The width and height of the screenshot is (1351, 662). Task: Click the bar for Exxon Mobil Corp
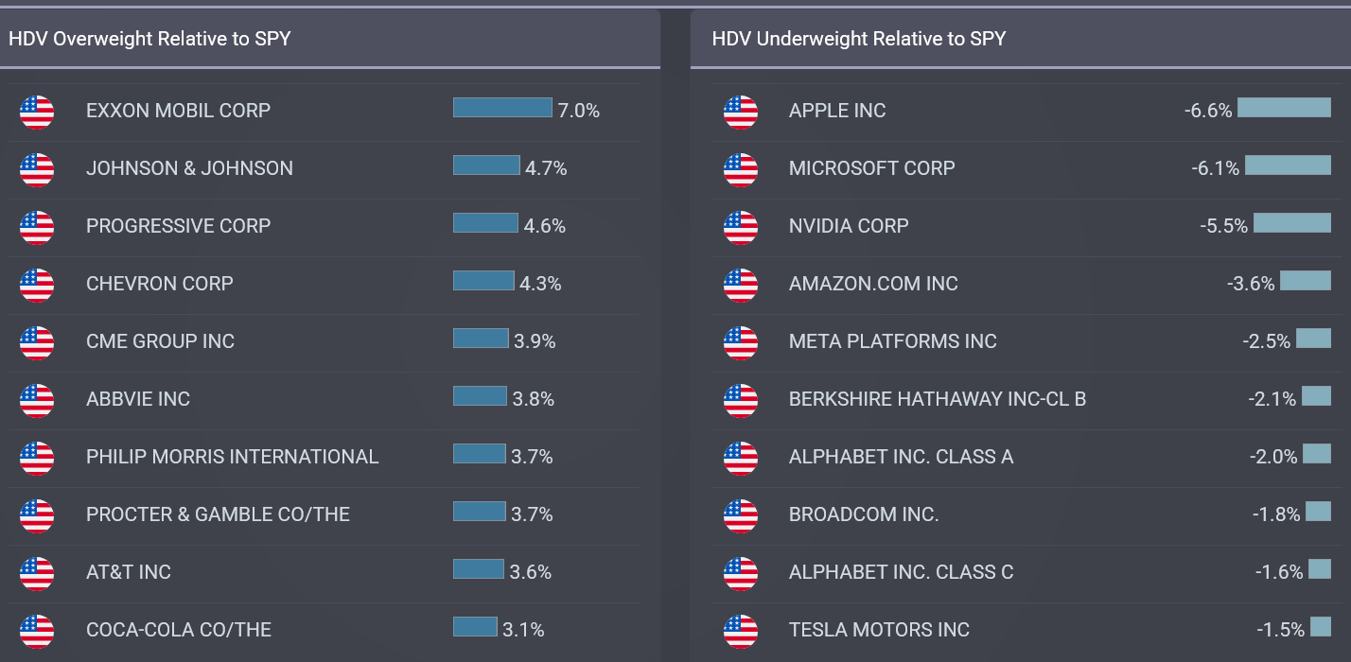[x=502, y=108]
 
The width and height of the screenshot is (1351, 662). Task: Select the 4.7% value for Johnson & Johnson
[x=546, y=168]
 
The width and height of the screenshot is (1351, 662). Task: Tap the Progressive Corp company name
[x=178, y=226]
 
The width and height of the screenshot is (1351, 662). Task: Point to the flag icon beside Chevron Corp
[x=37, y=284]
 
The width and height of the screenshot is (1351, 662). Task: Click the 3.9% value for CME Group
[x=535, y=341]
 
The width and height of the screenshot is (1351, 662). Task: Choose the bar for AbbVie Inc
[x=480, y=396]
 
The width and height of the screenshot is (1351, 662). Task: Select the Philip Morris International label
[x=232, y=457]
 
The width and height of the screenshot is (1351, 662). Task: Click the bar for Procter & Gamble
[x=479, y=512]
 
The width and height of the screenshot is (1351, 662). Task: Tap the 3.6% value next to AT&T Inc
[x=530, y=572]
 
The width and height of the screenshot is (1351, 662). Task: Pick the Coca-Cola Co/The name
[x=179, y=630]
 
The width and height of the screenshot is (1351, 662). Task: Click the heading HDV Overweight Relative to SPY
[x=149, y=39]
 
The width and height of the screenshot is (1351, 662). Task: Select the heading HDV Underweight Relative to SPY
[x=858, y=39]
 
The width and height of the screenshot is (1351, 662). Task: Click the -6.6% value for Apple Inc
[x=1207, y=111]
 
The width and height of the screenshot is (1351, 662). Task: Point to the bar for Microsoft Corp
[x=1288, y=165]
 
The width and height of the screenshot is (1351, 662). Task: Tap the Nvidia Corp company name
[x=849, y=226]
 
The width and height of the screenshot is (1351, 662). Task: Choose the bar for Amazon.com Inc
[x=1305, y=281]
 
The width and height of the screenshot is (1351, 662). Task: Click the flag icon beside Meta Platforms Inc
[x=741, y=341]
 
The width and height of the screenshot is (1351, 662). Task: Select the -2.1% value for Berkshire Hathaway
[x=1272, y=399]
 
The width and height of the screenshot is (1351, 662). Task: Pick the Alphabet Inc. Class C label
[x=901, y=572]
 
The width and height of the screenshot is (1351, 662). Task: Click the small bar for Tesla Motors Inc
[x=1321, y=627]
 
